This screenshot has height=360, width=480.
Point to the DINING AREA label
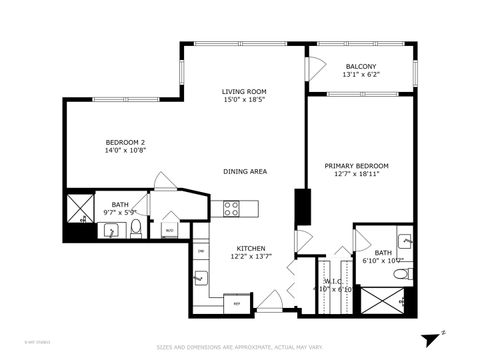click(244, 172)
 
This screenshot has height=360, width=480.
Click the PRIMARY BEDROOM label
click(356, 165)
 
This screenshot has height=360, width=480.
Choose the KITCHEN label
click(249, 248)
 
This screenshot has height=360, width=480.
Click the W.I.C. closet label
click(333, 281)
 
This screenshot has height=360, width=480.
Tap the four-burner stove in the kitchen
click(231, 208)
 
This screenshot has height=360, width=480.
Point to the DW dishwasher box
click(200, 251)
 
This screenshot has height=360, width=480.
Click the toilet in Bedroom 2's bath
click(135, 230)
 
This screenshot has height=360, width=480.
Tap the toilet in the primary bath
click(400, 273)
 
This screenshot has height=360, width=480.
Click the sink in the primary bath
click(404, 241)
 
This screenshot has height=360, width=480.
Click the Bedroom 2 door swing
click(163, 183)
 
